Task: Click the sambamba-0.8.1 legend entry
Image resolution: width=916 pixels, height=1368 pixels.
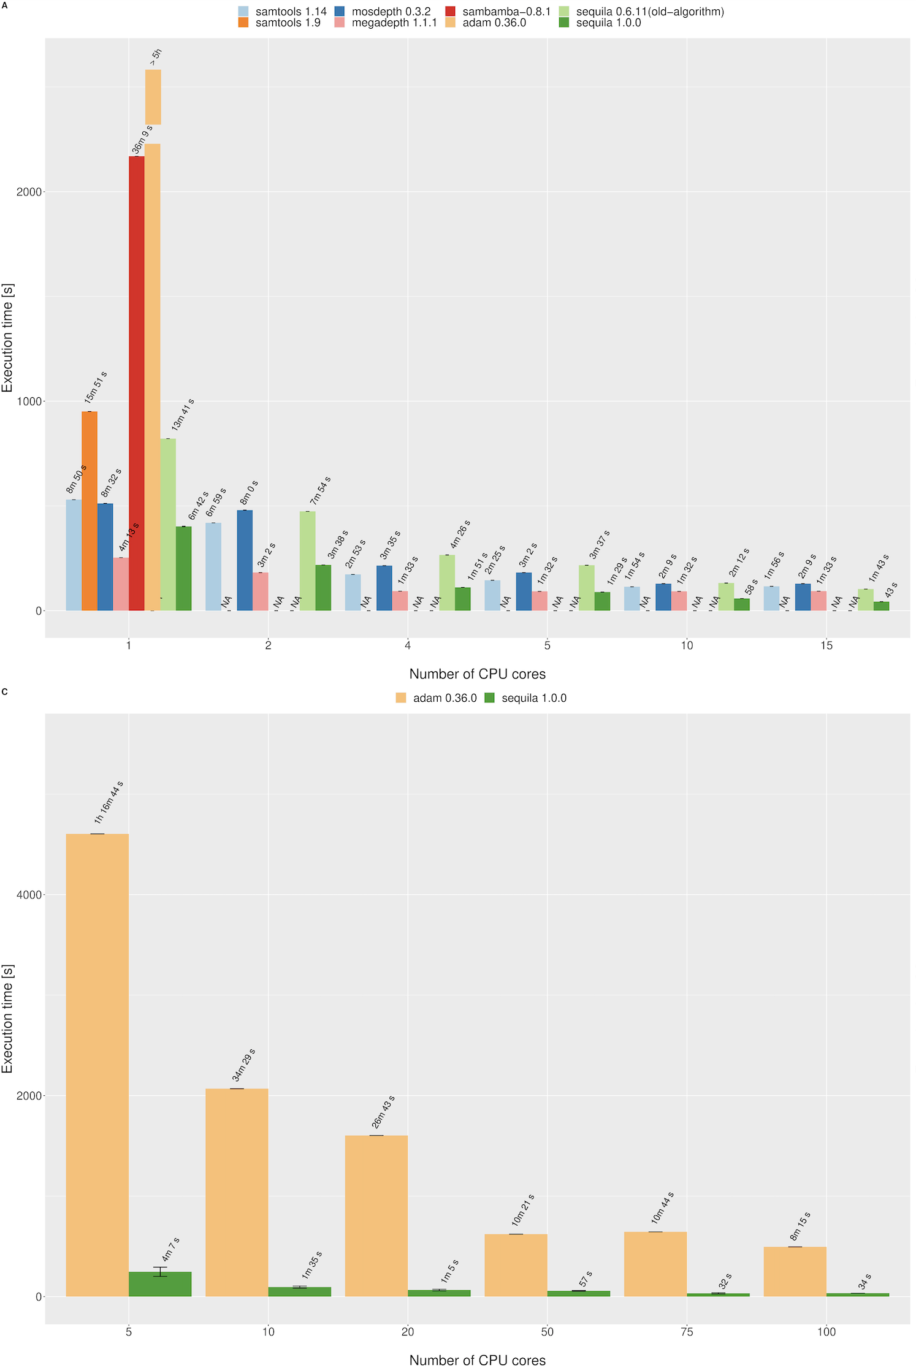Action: [x=498, y=12]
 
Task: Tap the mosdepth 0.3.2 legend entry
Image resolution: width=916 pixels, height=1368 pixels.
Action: [x=383, y=12]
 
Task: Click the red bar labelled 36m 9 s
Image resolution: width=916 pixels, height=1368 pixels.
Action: [x=137, y=383]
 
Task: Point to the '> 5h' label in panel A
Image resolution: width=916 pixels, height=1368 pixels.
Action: [x=156, y=58]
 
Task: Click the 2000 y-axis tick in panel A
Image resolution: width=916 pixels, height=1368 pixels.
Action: [x=29, y=192]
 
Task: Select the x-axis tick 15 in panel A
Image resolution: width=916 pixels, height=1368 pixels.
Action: [x=826, y=645]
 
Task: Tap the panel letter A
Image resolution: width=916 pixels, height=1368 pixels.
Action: [x=5, y=5]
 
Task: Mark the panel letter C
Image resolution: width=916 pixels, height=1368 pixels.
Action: [x=5, y=692]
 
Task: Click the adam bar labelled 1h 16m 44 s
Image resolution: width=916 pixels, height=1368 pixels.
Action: [x=97, y=1065]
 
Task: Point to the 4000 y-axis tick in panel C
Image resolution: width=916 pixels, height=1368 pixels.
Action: [x=29, y=895]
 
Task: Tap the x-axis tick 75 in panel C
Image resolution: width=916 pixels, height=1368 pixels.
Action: [x=687, y=1332]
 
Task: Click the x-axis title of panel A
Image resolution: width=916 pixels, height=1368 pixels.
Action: [x=477, y=674]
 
